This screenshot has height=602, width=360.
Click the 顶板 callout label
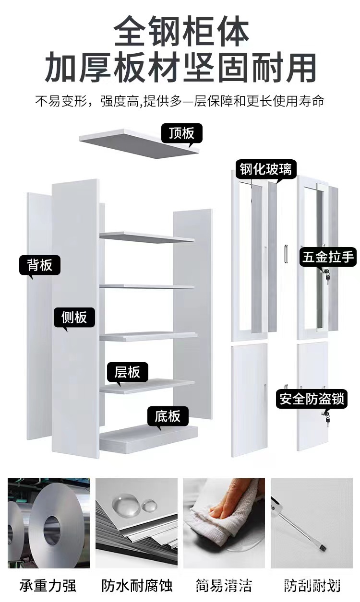pyautogui.click(x=181, y=133)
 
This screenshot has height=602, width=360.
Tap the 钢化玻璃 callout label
pyautogui.click(x=265, y=169)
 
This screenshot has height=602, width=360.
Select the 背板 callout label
pyautogui.click(x=40, y=265)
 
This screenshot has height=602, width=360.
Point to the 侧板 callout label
pyautogui.click(x=74, y=317)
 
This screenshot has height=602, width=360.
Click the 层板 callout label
pyautogui.click(x=127, y=371)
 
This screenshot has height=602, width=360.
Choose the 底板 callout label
pyautogui.click(x=168, y=416)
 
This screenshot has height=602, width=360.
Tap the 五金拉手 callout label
pyautogui.click(x=328, y=257)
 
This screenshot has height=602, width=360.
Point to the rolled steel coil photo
pyautogui.click(x=48, y=523)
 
